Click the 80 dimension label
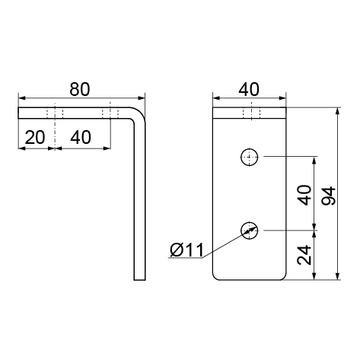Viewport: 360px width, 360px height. pyautogui.click(x=80, y=89)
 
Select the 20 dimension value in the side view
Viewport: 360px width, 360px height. pyautogui.click(x=35, y=137)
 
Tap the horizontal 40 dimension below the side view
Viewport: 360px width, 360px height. pyautogui.click(x=81, y=137)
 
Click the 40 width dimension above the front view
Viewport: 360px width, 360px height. pyautogui.click(x=249, y=89)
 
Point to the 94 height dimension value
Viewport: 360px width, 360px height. pyautogui.click(x=329, y=196)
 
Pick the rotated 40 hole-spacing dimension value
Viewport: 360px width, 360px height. pyautogui.click(x=304, y=195)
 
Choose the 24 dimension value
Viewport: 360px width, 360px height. pyautogui.click(x=304, y=255)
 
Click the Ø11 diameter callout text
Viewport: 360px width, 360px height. pyautogui.click(x=187, y=250)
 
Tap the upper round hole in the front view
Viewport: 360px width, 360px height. pyautogui.click(x=250, y=157)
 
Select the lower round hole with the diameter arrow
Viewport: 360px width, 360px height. pyautogui.click(x=250, y=231)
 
